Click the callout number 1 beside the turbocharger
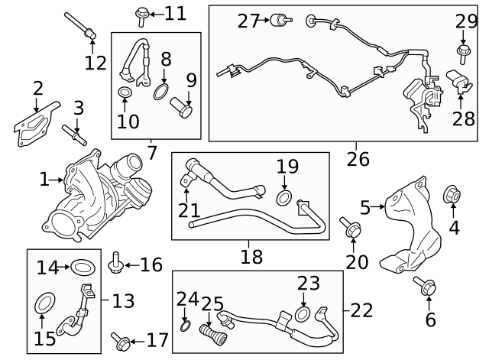tap(44, 180)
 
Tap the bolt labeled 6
tap(423, 288)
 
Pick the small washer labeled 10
tap(125, 95)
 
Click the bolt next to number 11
tap(143, 13)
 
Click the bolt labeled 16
tap(117, 264)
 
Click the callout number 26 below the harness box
tap(357, 160)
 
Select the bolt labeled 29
tap(463, 51)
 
